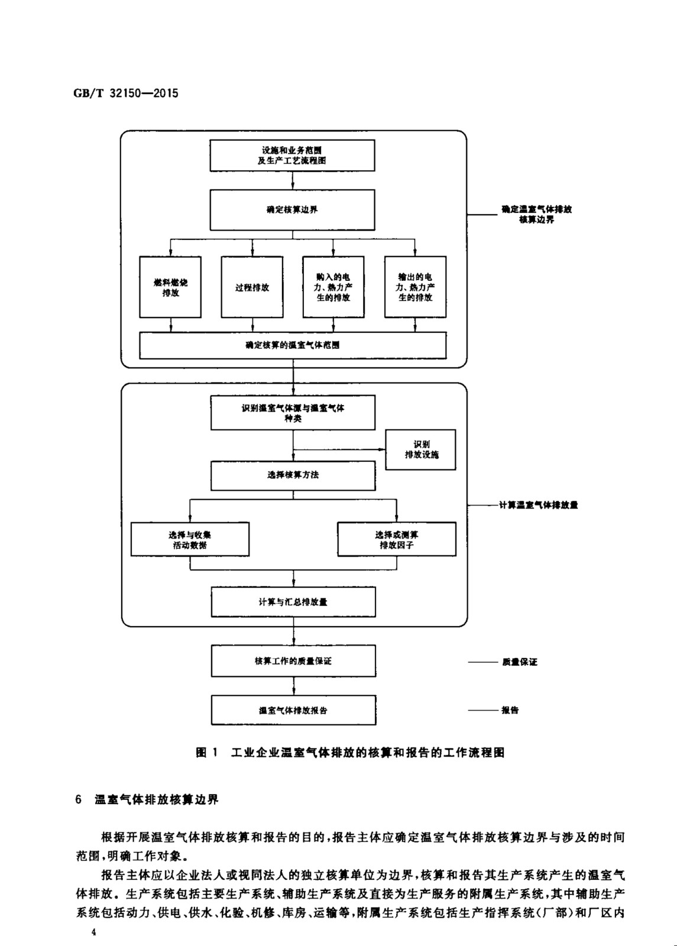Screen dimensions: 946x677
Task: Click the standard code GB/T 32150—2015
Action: pos(126,93)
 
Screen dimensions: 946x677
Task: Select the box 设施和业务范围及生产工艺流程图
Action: pos(292,155)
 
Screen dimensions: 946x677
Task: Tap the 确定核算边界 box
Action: pos(292,210)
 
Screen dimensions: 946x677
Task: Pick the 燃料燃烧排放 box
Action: pos(170,287)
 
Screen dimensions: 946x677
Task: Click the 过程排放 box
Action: pos(252,287)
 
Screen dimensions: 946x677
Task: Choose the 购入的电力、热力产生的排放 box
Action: pos(333,287)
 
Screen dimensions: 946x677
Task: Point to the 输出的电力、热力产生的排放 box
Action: pos(415,287)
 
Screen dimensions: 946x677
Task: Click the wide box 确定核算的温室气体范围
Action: pos(293,345)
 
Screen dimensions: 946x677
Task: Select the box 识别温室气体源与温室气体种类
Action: pos(293,413)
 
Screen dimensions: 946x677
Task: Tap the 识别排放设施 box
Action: pos(421,450)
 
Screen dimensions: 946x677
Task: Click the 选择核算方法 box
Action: pos(293,475)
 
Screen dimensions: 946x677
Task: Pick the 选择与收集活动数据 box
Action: pos(190,539)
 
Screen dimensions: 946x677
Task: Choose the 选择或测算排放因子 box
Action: pos(397,539)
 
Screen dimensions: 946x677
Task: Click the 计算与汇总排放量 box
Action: pos(293,602)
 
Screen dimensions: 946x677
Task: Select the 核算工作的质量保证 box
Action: pos(293,661)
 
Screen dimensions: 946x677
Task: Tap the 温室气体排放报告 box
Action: pos(293,710)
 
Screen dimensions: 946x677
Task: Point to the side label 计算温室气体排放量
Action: pos(538,506)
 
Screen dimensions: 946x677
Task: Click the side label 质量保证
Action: pos(520,662)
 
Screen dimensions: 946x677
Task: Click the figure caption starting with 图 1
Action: pos(350,753)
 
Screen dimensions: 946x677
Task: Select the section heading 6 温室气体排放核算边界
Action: pos(147,800)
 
